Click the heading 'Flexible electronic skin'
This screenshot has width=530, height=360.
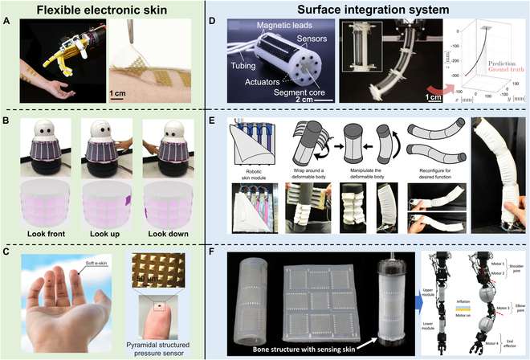(x=103, y=10)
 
